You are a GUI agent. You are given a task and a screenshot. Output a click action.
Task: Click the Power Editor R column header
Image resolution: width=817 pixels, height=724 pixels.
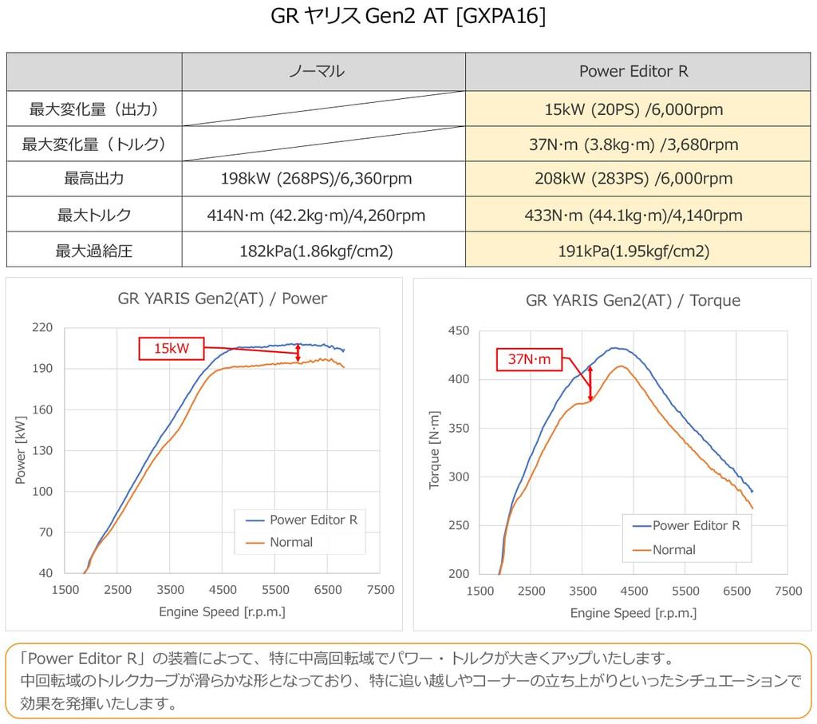point(633,71)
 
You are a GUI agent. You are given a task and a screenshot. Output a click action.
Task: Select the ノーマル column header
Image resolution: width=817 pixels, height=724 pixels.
point(317,71)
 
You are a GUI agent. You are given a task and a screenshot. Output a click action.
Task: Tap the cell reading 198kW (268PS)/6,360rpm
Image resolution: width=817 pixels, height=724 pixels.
point(317,178)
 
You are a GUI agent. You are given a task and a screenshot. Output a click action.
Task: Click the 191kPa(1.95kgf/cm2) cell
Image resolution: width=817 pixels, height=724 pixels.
point(633,251)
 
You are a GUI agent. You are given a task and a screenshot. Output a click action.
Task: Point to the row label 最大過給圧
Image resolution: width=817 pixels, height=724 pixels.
point(93,251)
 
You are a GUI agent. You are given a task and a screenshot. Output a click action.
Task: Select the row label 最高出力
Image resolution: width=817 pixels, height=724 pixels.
point(93,178)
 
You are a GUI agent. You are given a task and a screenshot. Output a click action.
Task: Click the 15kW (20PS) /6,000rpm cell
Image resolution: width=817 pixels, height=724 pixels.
point(633,109)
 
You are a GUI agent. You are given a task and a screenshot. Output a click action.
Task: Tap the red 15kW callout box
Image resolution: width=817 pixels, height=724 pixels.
point(172,348)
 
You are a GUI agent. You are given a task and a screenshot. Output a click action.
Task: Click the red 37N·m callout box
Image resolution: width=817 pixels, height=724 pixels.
point(529,359)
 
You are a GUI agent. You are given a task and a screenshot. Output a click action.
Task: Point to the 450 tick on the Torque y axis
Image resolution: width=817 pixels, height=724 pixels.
point(458,330)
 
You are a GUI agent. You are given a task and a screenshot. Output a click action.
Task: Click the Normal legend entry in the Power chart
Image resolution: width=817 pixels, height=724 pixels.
point(291,542)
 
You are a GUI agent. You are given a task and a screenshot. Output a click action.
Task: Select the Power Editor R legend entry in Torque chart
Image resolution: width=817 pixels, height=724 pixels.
point(696,525)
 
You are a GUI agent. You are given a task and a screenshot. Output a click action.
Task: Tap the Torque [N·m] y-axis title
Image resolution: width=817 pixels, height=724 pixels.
point(435,453)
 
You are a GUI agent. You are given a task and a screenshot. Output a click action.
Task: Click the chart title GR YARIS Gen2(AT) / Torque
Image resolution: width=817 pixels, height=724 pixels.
point(633,300)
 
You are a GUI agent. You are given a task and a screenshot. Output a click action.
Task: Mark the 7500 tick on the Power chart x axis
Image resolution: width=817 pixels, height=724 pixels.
point(379,590)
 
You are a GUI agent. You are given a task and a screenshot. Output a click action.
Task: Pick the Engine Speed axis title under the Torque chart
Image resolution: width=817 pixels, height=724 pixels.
point(633,613)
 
